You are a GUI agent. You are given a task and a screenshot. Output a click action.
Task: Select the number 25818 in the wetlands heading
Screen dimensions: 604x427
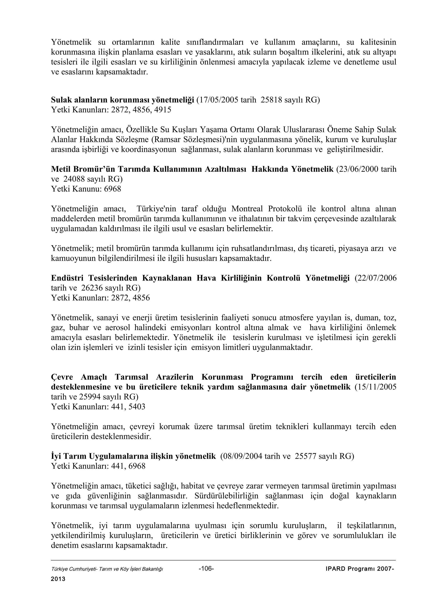pos(271,100)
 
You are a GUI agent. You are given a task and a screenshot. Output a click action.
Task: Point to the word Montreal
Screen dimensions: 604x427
pos(247,209)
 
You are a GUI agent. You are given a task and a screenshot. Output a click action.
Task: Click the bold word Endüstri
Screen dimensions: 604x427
pos(67,278)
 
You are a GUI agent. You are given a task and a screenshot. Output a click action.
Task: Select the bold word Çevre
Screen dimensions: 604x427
pos(62,377)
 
